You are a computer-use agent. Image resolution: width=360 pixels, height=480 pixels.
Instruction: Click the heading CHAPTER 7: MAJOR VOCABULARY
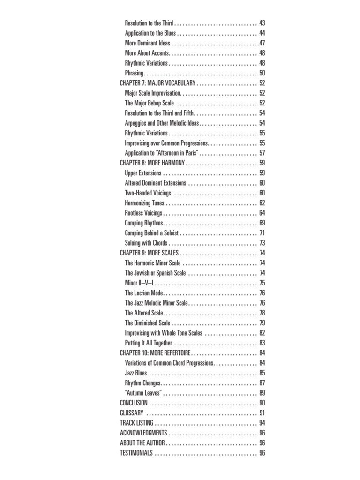[x=157, y=83]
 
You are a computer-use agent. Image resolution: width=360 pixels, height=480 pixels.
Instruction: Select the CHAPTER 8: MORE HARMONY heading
[x=152, y=163]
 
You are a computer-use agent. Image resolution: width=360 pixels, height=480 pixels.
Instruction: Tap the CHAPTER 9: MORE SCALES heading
[x=149, y=253]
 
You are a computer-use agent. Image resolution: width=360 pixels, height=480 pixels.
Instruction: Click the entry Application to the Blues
[x=150, y=33]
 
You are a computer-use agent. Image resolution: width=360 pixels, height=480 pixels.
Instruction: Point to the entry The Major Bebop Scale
[x=149, y=103]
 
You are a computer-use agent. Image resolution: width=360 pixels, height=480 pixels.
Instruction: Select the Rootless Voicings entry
[x=143, y=213]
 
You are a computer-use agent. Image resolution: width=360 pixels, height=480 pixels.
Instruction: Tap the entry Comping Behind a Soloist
[x=152, y=233]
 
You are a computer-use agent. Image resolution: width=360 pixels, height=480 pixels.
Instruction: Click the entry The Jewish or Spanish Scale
[x=155, y=273]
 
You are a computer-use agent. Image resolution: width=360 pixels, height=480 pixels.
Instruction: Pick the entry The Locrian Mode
[x=143, y=293]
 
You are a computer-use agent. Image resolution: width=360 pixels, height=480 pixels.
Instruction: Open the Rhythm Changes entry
[x=143, y=383]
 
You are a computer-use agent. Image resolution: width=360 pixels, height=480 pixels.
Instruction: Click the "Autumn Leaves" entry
[x=143, y=393]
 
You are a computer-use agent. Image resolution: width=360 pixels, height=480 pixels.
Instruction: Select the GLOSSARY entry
[x=132, y=413]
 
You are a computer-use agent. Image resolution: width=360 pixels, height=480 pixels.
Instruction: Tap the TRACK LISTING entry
[x=136, y=423]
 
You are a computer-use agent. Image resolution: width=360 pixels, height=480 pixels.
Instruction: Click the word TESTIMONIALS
[x=136, y=453]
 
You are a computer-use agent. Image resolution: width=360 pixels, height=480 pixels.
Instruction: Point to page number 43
[x=262, y=23]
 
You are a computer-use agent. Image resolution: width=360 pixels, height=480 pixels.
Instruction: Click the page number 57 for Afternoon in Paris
[x=262, y=153]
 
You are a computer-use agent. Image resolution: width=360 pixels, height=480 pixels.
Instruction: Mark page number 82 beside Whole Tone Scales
[x=262, y=333]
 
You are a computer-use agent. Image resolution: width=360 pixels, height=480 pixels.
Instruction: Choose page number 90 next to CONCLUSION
[x=262, y=403]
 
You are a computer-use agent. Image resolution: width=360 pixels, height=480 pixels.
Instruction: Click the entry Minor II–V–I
[x=139, y=283]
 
